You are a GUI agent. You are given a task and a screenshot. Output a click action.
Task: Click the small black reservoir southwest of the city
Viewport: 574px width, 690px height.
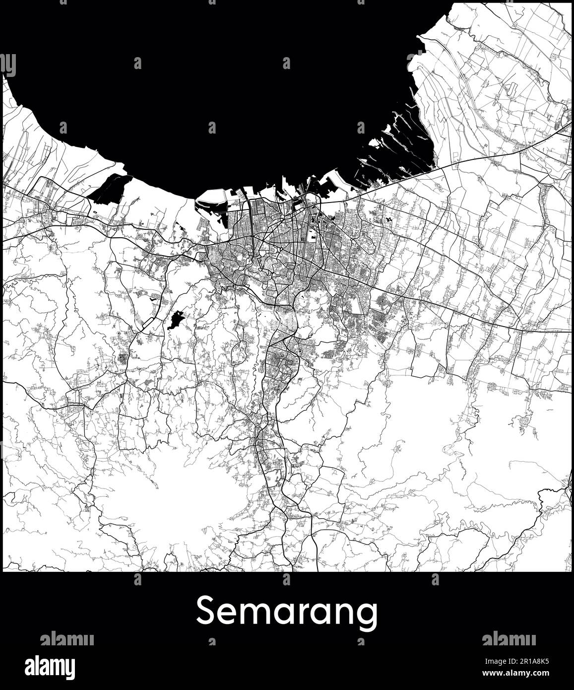click(x=175, y=320)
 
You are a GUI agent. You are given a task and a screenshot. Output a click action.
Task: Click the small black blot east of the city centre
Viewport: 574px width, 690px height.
click(x=388, y=218)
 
